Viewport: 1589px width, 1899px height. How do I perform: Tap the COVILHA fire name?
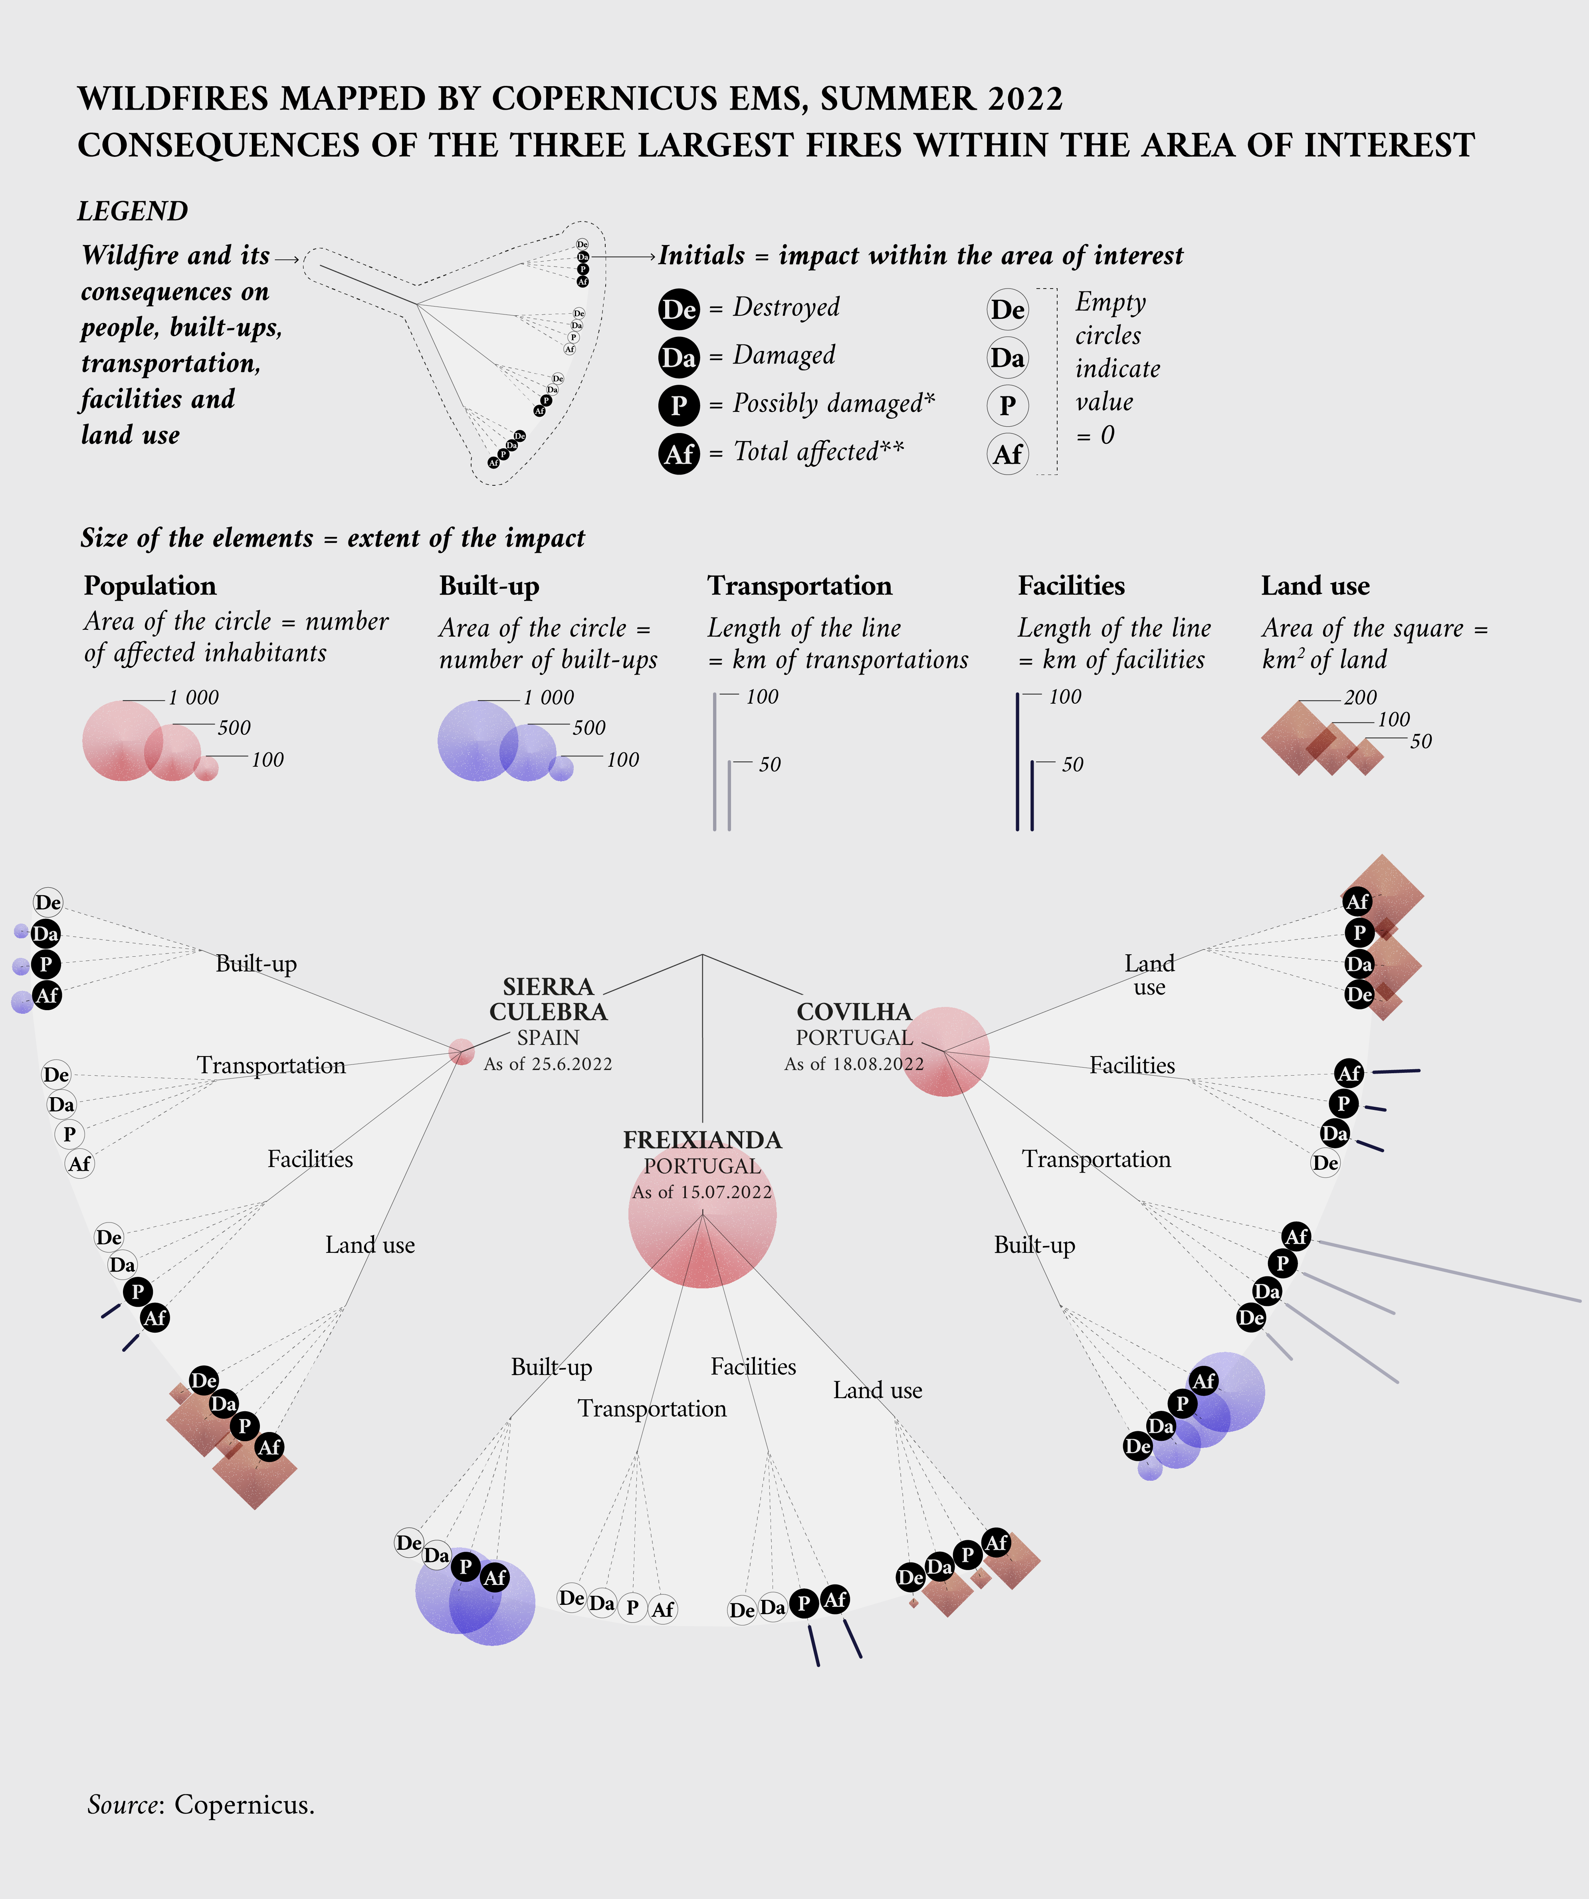(x=854, y=1012)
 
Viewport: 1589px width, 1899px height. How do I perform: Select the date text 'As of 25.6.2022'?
(x=548, y=1064)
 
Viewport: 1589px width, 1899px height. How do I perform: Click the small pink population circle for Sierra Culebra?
(x=461, y=1052)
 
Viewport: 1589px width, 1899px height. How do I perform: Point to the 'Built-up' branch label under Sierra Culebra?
(x=256, y=964)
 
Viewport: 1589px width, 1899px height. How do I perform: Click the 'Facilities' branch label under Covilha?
(x=1132, y=1065)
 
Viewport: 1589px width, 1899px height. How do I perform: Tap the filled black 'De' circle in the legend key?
(x=678, y=309)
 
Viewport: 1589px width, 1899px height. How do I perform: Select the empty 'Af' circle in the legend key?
(x=1007, y=454)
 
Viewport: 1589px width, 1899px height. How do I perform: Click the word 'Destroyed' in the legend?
(x=786, y=307)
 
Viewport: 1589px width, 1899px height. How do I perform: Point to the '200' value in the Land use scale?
(x=1360, y=697)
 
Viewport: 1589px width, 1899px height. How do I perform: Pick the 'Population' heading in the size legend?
(x=150, y=586)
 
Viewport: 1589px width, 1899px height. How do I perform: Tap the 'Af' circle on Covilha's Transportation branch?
(x=1296, y=1236)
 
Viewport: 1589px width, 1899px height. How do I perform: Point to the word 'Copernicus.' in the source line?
(x=244, y=1805)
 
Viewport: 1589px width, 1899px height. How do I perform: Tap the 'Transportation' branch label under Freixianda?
(x=652, y=1409)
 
